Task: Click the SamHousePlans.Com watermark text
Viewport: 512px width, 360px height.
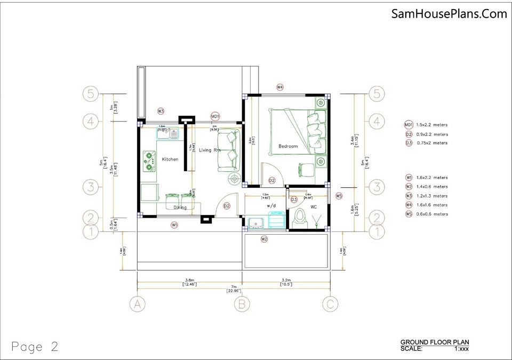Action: click(449, 14)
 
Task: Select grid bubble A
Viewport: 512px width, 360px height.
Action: click(138, 304)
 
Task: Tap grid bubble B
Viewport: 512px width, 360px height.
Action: click(242, 304)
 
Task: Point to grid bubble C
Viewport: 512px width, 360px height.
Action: click(330, 304)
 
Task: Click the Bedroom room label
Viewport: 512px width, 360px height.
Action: click(287, 146)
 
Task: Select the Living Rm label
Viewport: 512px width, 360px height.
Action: click(210, 150)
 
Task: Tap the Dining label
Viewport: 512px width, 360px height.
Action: click(179, 207)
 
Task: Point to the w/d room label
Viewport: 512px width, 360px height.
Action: click(271, 204)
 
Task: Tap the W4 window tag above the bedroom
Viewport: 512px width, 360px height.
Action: click(279, 86)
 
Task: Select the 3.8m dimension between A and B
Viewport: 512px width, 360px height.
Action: click(189, 280)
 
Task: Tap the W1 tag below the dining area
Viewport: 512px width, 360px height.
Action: click(174, 226)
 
